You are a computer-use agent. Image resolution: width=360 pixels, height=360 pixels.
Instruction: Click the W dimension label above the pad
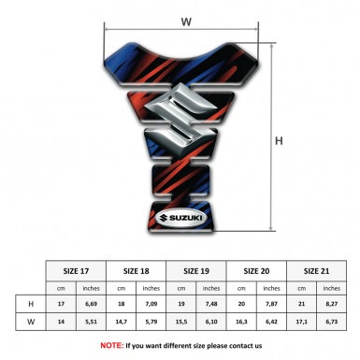coord(186,22)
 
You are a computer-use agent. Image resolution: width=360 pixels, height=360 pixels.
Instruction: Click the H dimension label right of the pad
coord(279,141)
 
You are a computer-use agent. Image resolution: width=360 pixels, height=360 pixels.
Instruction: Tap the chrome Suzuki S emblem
coord(181,115)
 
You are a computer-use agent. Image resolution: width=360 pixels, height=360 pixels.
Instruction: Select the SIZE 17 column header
coord(76,271)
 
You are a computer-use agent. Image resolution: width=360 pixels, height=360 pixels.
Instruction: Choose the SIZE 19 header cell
coord(196,271)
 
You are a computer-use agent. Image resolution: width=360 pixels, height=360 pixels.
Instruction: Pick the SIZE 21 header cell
coord(316,271)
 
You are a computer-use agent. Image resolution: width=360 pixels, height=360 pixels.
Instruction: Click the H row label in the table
coord(31,304)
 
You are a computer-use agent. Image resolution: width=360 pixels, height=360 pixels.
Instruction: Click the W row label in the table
coord(31,322)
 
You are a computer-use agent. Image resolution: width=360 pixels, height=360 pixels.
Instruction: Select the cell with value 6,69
coord(91,304)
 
